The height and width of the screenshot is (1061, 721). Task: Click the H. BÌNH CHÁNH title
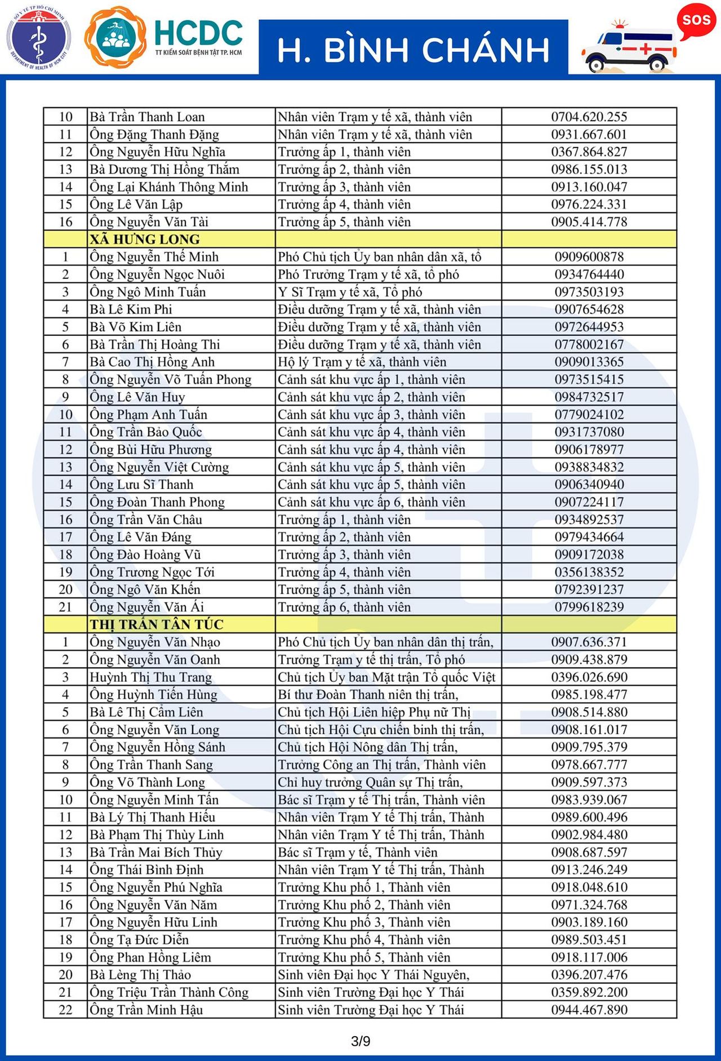pyautogui.click(x=413, y=49)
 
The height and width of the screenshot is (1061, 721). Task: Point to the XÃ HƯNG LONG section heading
pyautogui.click(x=145, y=239)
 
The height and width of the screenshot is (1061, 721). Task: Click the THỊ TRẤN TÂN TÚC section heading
pyautogui.click(x=157, y=624)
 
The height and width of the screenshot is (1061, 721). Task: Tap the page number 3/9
pyautogui.click(x=360, y=1041)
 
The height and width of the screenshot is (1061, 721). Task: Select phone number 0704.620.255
pyautogui.click(x=589, y=117)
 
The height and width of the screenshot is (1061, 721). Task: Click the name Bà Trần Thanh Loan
pyautogui.click(x=147, y=117)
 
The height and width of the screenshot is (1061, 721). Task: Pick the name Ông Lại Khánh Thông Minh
pyautogui.click(x=168, y=187)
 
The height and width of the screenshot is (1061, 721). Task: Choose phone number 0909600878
pyautogui.click(x=589, y=257)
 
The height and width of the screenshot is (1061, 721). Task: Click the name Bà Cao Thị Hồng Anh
pyautogui.click(x=152, y=362)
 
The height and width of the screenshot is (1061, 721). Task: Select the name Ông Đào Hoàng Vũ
pyautogui.click(x=145, y=554)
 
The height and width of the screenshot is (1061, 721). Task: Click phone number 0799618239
pyautogui.click(x=589, y=607)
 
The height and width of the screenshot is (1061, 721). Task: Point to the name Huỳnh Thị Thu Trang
pyautogui.click(x=150, y=677)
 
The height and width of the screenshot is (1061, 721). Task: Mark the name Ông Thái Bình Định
pyautogui.click(x=146, y=869)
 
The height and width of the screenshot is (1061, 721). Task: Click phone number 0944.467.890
pyautogui.click(x=589, y=1010)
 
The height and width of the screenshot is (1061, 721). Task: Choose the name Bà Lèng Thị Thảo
pyautogui.click(x=140, y=975)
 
